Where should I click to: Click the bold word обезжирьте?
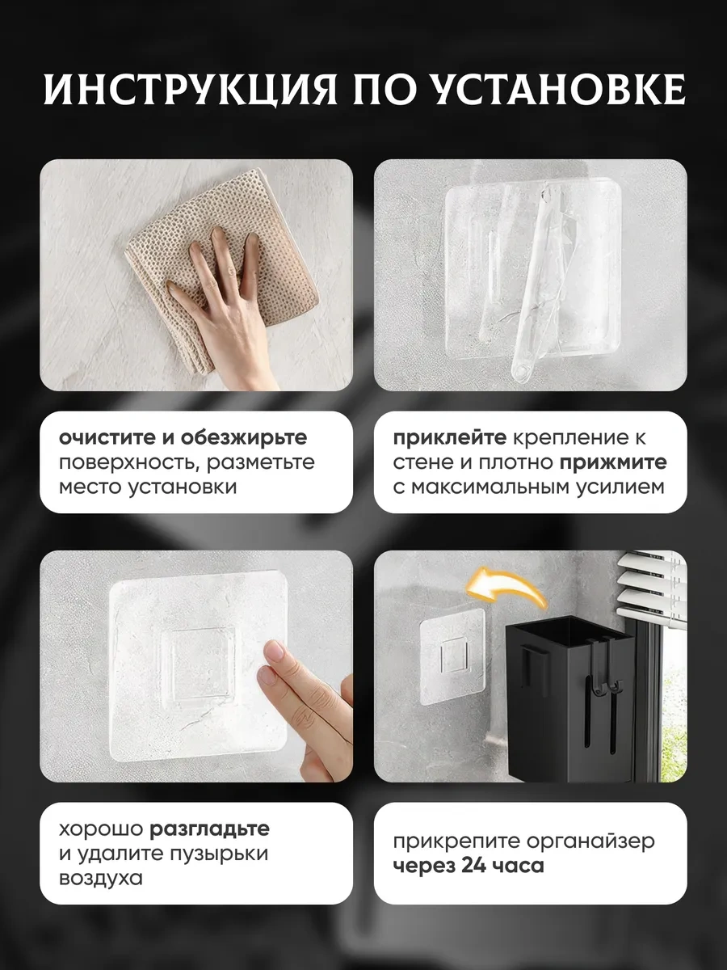click(244, 437)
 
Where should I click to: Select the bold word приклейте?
click(450, 438)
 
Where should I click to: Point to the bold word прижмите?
click(614, 462)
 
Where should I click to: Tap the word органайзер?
click(590, 841)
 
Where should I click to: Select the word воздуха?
click(101, 878)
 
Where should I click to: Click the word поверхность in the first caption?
click(130, 462)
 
